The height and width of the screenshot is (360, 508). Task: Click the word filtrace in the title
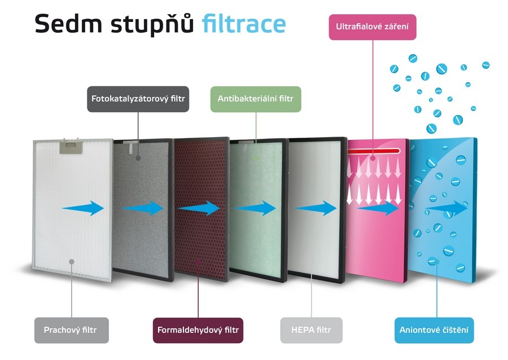[x=244, y=24]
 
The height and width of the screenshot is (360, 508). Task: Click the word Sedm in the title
[x=68, y=24]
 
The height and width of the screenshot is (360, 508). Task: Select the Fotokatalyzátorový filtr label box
[x=138, y=99]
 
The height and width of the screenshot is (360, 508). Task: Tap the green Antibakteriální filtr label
[x=256, y=99]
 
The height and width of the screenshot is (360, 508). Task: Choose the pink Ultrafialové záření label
[x=373, y=27]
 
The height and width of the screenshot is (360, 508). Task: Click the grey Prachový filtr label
[x=72, y=330]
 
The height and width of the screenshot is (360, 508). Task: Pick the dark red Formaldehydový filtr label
[x=198, y=330]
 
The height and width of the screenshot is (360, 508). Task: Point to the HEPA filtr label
[x=311, y=330]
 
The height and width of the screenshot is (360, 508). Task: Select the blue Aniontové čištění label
[x=434, y=330]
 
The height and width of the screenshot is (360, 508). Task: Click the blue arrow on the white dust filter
[x=83, y=208]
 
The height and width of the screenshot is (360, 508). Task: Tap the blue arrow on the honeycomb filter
[x=199, y=208]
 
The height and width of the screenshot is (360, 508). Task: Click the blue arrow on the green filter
[x=255, y=208]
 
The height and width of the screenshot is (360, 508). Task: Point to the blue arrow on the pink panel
[x=378, y=208]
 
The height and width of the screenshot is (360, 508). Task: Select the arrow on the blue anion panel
[x=446, y=208]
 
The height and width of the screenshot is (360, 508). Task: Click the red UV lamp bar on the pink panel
[x=374, y=151]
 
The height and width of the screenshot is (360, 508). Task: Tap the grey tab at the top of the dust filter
[x=71, y=147]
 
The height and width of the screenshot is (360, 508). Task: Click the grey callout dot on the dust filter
[x=72, y=262]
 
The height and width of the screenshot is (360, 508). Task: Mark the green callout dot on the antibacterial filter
[x=256, y=159]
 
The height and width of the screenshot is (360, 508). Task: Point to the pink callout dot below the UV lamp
[x=373, y=159]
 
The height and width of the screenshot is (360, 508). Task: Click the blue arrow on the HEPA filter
[x=316, y=208]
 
